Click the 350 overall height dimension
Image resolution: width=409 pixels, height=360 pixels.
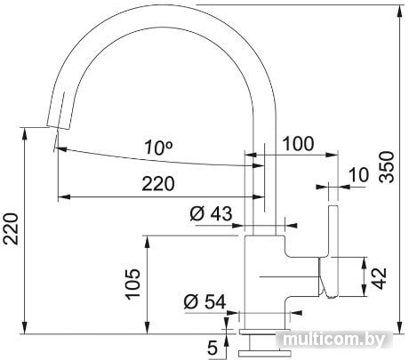pyautogui.click(x=388, y=167)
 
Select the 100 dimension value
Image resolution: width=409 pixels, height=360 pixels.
pyautogui.click(x=298, y=144)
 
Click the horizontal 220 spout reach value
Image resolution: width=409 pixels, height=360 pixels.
pyautogui.click(x=158, y=184)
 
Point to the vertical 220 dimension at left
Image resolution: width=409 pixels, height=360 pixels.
pyautogui.click(x=11, y=228)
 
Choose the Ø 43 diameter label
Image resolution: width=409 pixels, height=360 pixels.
pyautogui.click(x=211, y=213)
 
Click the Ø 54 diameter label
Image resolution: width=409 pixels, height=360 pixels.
pyautogui.click(x=204, y=302)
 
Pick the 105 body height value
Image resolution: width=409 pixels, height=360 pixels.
pyautogui.click(x=132, y=284)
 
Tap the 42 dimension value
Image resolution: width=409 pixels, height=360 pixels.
pyautogui.click(x=379, y=278)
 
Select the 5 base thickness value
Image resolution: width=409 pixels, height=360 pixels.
pyautogui.click(x=213, y=348)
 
